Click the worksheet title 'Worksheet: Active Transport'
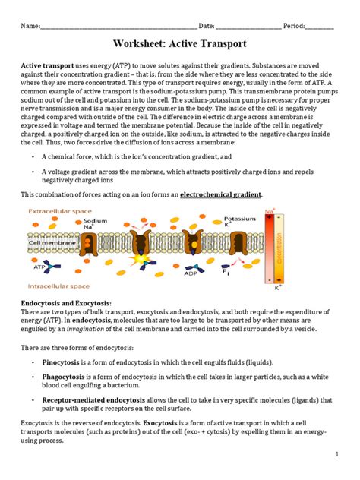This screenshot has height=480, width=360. (x=179, y=45)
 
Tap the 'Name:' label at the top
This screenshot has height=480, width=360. (x=30, y=26)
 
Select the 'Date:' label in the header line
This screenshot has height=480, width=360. (x=207, y=26)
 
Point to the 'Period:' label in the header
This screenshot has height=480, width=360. (x=292, y=26)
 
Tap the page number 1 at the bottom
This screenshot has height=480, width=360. (x=335, y=453)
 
